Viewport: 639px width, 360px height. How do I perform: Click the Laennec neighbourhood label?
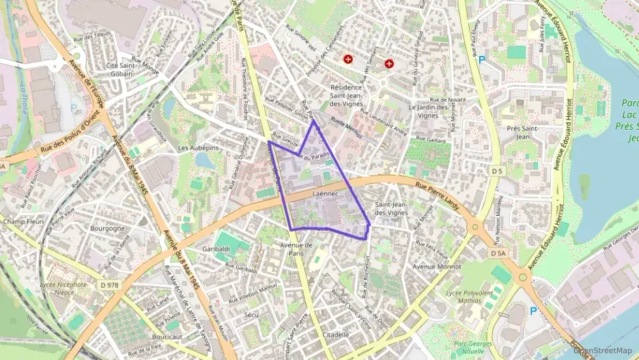(325, 194)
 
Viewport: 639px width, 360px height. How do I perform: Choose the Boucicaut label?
(167, 337)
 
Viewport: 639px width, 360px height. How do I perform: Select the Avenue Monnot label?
(438, 267)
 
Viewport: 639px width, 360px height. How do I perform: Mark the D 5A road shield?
(498, 253)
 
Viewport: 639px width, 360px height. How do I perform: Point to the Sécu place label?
(251, 315)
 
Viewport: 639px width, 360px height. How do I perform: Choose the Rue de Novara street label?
(447, 100)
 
